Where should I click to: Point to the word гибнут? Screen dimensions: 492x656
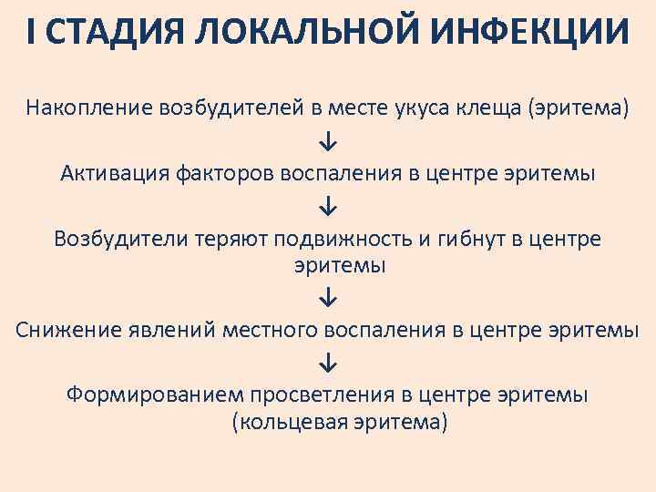pos(463,238)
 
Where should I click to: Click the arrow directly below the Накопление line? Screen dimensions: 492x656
pos(328,142)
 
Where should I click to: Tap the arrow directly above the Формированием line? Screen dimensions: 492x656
pos(328,363)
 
